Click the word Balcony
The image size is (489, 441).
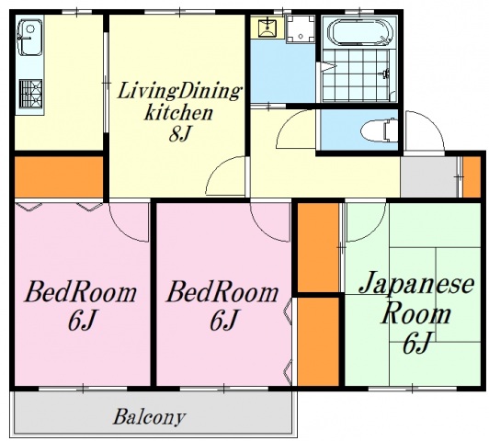click(x=149, y=417)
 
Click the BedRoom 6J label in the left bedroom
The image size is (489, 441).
click(x=80, y=307)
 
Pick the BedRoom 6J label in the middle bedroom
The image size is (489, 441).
click(x=222, y=307)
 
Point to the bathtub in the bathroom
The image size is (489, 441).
click(x=360, y=34)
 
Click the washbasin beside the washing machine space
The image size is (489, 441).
click(x=267, y=28)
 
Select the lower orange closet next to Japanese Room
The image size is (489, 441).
click(x=317, y=340)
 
